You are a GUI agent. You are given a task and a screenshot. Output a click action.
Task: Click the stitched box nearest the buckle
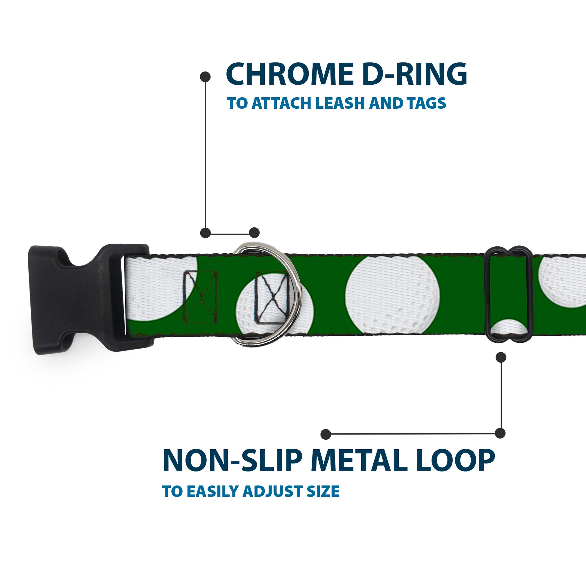(201, 297)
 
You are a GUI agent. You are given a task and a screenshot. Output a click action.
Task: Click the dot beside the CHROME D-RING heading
(205, 77)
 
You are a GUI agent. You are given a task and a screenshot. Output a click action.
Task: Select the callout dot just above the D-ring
(254, 233)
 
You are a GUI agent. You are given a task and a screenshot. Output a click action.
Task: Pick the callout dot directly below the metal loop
(501, 357)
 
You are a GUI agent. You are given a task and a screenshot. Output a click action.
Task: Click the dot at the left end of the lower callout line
(326, 434)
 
